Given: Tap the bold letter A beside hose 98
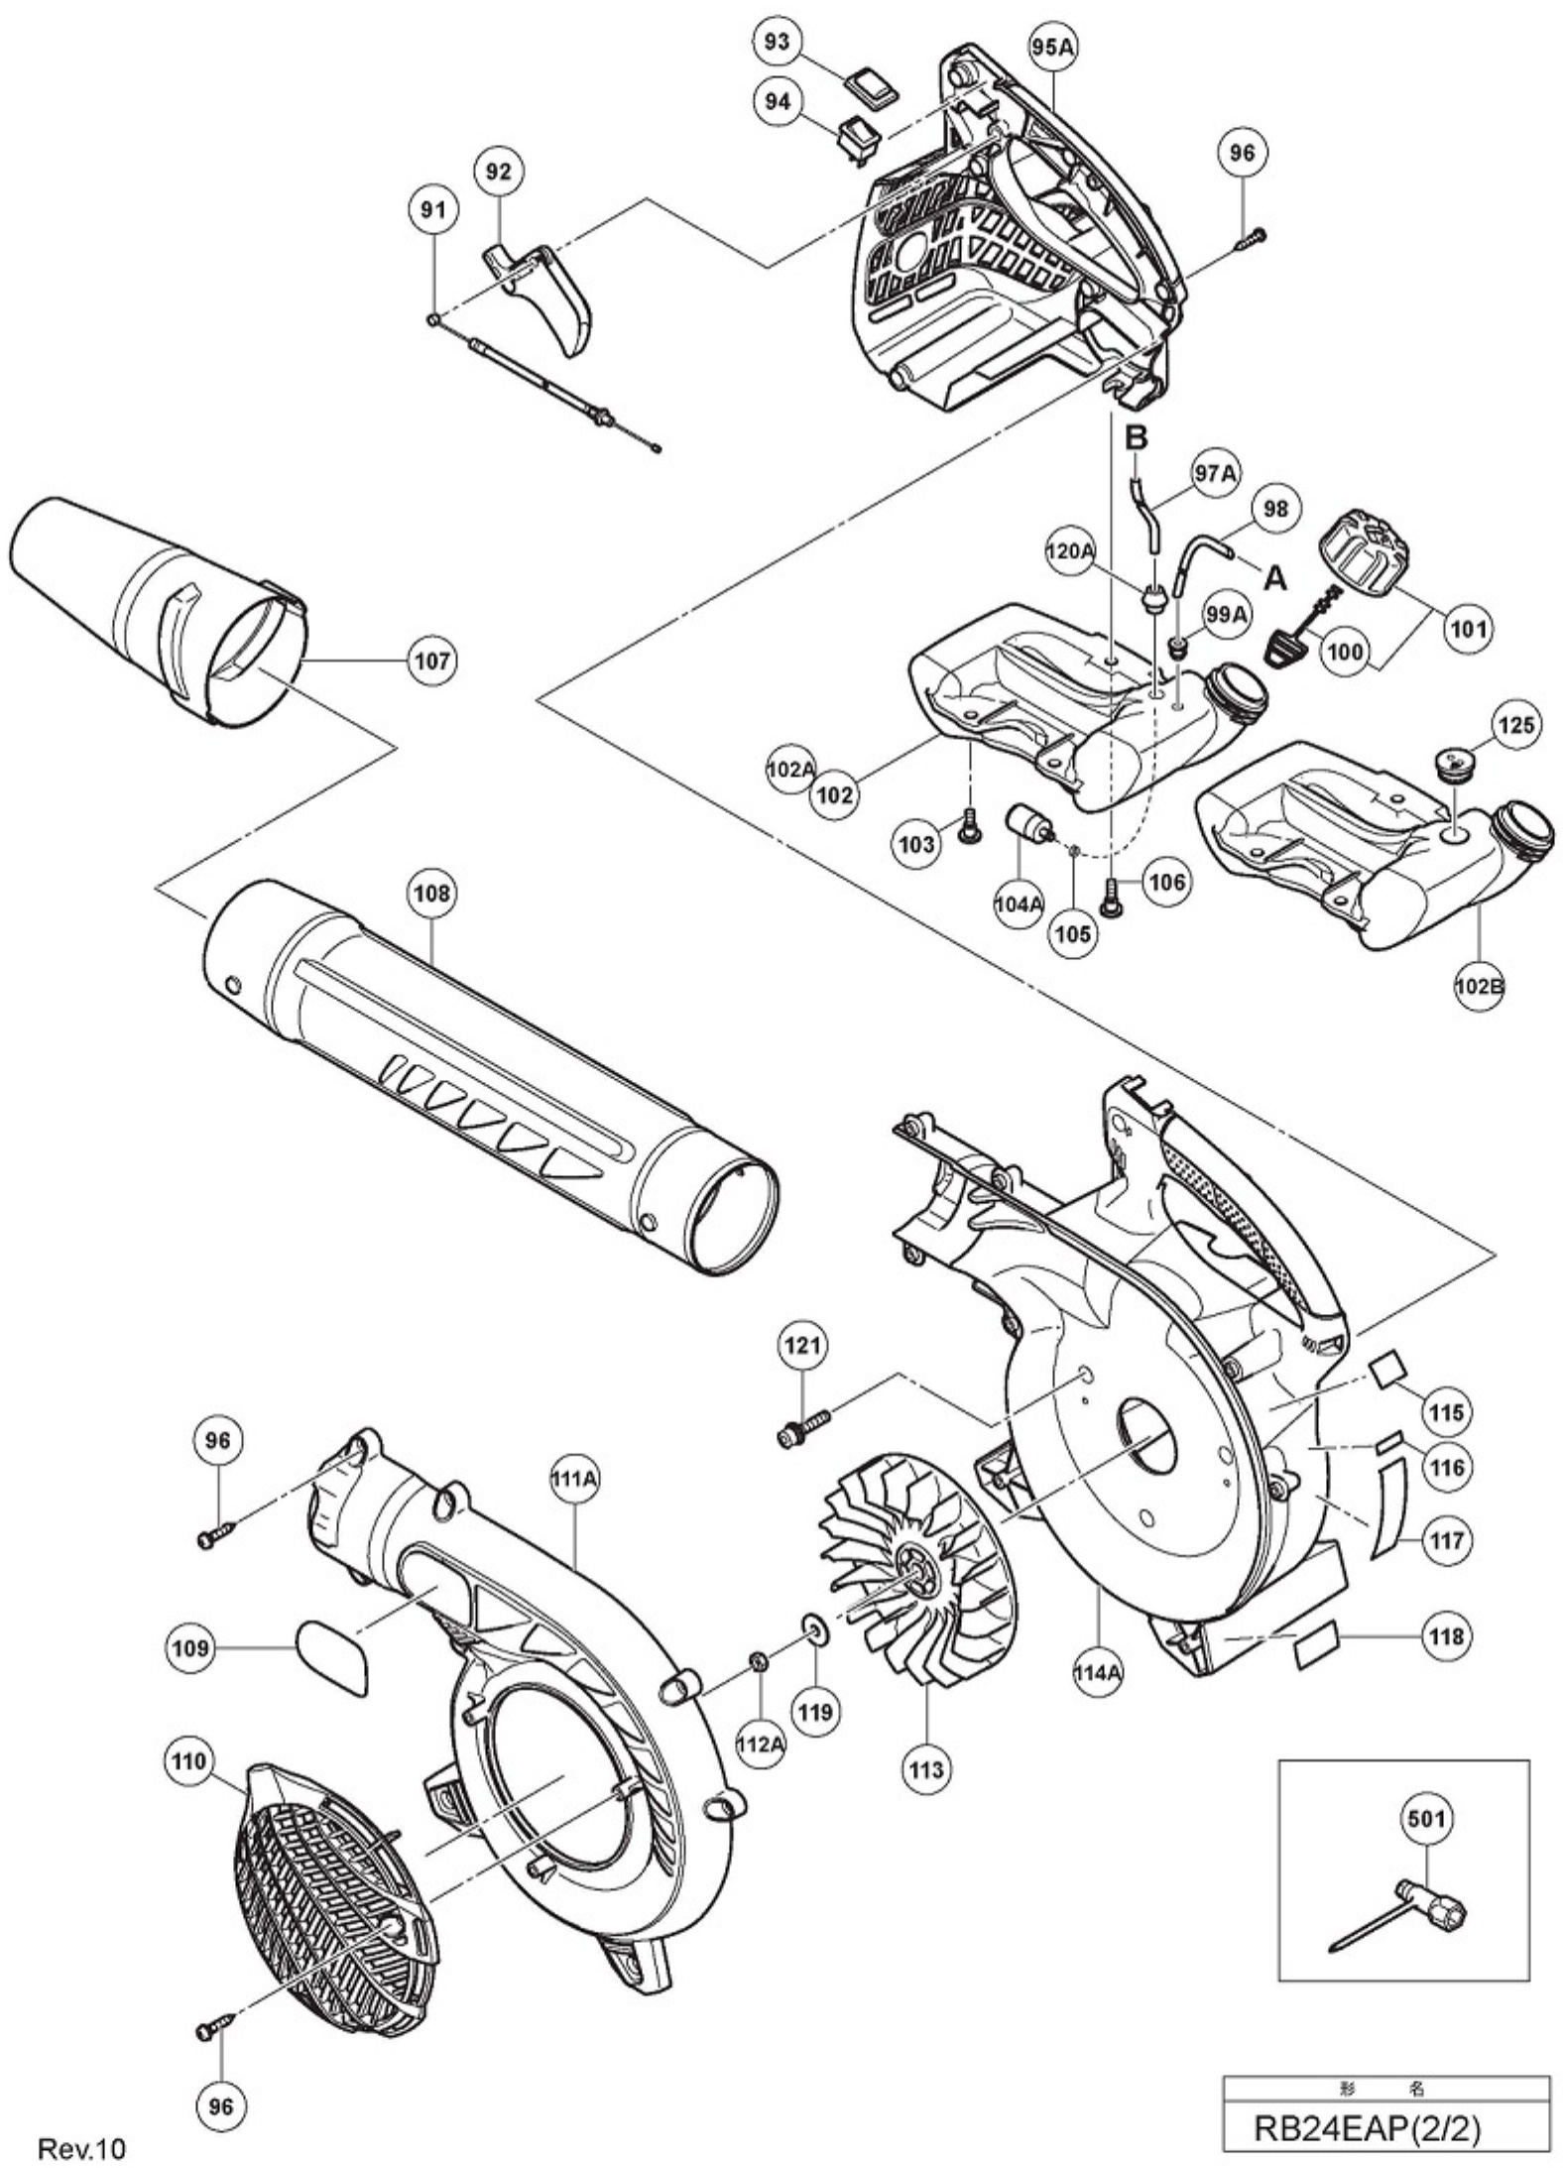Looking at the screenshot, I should point(1274,578).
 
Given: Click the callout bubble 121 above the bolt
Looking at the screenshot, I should point(804,1346).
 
